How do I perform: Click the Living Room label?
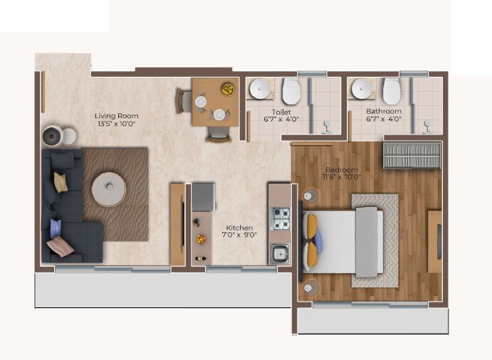click(117, 116)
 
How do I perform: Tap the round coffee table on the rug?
click(110, 189)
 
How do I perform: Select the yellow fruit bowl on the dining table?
click(228, 90)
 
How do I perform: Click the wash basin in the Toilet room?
click(260, 90)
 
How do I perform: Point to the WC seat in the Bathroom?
click(392, 91)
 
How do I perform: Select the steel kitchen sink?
click(281, 252)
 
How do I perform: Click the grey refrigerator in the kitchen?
click(203, 196)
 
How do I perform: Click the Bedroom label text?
click(342, 170)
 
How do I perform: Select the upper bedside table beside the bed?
click(310, 194)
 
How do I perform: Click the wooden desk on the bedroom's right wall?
click(434, 240)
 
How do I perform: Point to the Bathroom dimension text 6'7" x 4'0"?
click(384, 120)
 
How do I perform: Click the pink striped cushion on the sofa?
click(60, 246)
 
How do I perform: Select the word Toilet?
click(281, 112)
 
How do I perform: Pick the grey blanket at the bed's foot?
click(367, 241)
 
